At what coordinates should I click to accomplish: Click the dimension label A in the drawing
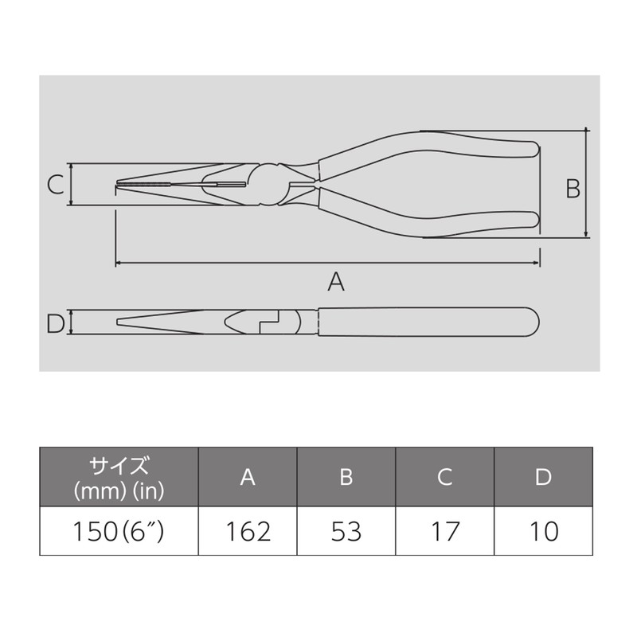pos(336,282)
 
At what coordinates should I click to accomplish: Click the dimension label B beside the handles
pos(573,189)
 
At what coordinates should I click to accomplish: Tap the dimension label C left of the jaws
pos(54,185)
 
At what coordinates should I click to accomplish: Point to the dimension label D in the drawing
pos(54,323)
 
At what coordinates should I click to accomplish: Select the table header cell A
pos(248,477)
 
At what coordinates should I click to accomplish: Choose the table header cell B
pos(346,477)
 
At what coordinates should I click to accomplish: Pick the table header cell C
pos(445,477)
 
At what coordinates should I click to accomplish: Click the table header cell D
pos(544,477)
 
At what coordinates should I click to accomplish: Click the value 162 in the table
pos(248,531)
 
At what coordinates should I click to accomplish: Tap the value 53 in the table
pos(346,531)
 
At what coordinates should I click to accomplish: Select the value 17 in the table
pos(445,531)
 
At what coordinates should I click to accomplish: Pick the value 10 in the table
pos(544,531)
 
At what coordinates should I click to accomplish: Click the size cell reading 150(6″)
pos(119,531)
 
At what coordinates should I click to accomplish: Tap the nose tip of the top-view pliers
pos(119,186)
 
